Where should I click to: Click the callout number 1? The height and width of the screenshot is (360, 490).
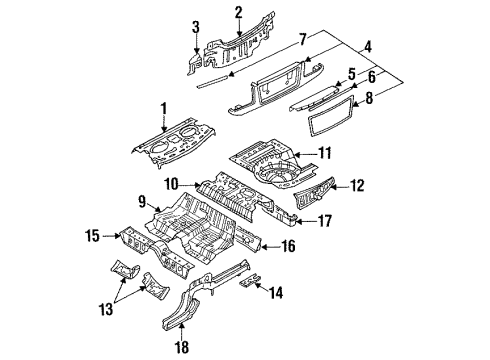click(x=164, y=109)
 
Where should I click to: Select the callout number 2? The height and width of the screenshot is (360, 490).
click(x=238, y=12)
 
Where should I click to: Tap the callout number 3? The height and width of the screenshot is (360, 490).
click(x=196, y=27)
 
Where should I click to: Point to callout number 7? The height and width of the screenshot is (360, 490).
click(x=303, y=39)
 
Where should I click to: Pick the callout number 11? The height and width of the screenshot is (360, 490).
click(x=324, y=153)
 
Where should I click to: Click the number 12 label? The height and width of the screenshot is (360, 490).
click(x=357, y=186)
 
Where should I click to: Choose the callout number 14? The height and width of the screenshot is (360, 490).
click(x=276, y=293)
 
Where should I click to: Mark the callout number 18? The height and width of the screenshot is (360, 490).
click(x=182, y=347)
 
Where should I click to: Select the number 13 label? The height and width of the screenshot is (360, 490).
click(x=106, y=309)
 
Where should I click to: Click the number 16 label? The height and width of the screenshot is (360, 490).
click(x=288, y=246)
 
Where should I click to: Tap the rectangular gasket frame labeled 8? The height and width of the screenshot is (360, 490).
click(x=329, y=116)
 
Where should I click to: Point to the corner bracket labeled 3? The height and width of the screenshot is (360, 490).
click(x=194, y=61)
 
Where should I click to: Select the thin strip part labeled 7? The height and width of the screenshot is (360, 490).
click(x=212, y=82)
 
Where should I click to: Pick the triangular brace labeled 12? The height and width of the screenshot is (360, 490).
click(x=314, y=193)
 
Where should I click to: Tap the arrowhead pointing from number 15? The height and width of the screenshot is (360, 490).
click(x=117, y=236)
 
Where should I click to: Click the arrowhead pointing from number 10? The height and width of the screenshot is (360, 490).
click(x=199, y=184)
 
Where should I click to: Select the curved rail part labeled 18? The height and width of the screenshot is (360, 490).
click(x=205, y=295)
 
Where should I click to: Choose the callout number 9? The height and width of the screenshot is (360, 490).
click(x=142, y=202)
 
